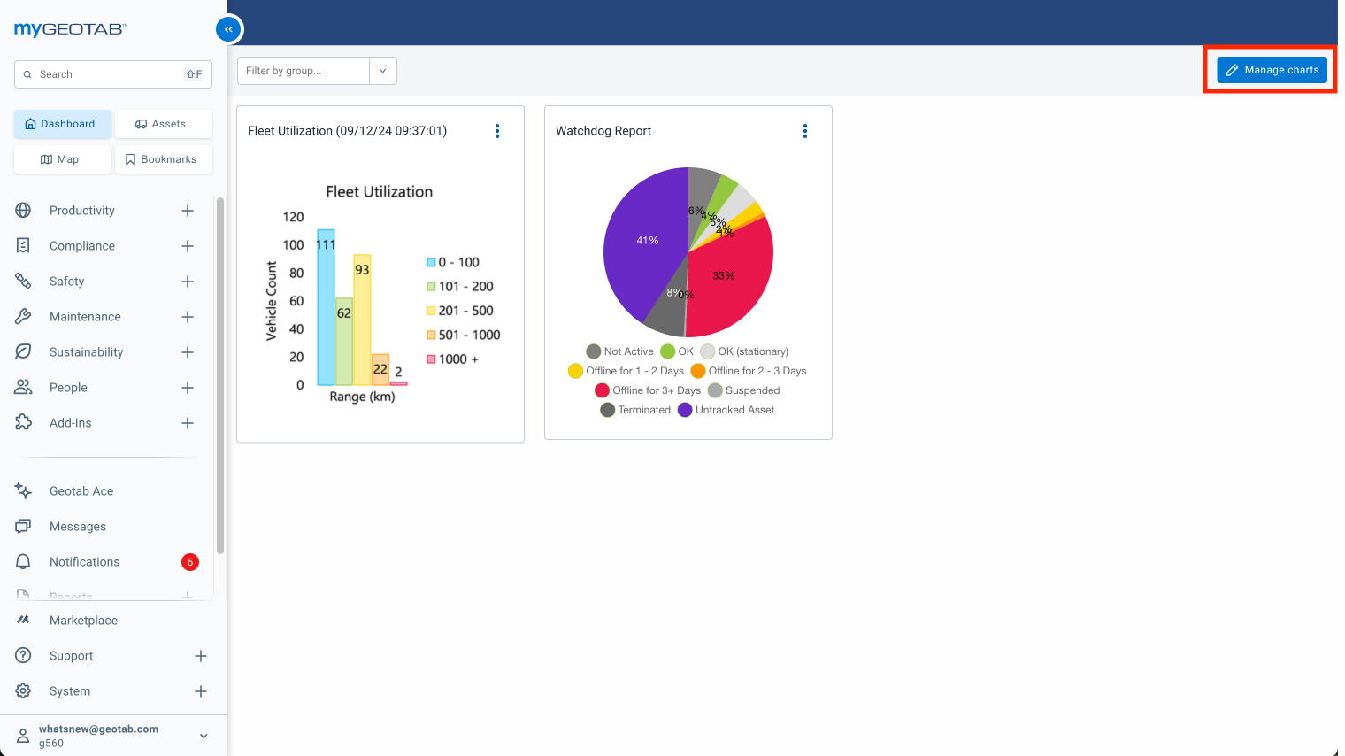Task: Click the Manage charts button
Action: (1272, 70)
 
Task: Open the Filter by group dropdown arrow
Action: (382, 71)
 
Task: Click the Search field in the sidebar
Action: (106, 74)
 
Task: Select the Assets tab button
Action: (162, 124)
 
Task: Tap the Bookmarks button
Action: (162, 159)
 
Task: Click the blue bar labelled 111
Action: (326, 310)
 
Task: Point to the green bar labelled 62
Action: (343, 345)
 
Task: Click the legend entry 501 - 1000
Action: (465, 335)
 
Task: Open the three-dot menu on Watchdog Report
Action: (805, 131)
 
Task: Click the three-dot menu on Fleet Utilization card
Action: (497, 131)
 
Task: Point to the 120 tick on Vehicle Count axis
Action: (293, 217)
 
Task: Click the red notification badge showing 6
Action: (190, 562)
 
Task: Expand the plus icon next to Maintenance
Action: (188, 317)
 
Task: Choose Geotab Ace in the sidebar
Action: (81, 491)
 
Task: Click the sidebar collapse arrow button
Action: (228, 29)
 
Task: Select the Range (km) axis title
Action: (362, 397)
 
